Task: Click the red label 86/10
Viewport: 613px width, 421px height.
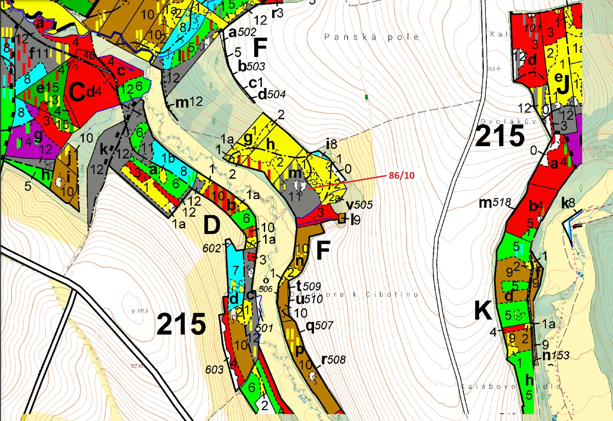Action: tap(401, 175)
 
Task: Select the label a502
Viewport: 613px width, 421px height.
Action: tap(242, 32)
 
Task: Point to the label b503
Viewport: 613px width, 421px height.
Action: tap(251, 66)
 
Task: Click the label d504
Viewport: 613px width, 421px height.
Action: tap(272, 94)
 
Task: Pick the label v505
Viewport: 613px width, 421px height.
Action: tap(359, 205)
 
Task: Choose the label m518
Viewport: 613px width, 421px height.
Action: tap(495, 203)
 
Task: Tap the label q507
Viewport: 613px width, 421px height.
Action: tap(319, 325)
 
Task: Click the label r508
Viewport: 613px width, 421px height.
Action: tap(333, 360)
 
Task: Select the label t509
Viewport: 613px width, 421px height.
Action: tap(308, 286)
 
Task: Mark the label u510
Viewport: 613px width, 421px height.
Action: tap(309, 299)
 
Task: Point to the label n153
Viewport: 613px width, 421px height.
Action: tap(556, 355)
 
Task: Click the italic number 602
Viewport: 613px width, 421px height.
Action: tap(212, 248)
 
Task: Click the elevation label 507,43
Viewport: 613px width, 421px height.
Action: tap(137, 366)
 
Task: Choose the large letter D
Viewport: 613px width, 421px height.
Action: tap(212, 225)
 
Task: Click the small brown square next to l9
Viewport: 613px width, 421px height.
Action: tap(342, 218)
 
